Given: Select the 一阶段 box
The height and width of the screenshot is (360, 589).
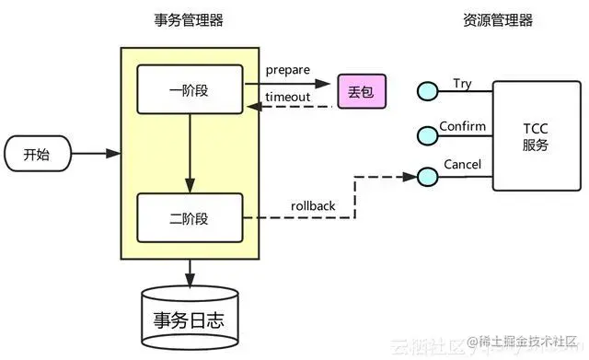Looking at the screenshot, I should (x=190, y=89).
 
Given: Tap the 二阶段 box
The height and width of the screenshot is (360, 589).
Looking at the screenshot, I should (x=190, y=217).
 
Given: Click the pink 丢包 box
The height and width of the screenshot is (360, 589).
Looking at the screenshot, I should (x=360, y=91).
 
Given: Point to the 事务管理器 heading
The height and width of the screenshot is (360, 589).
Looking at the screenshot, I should (x=190, y=20).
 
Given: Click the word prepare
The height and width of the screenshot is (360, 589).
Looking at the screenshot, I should (x=289, y=71).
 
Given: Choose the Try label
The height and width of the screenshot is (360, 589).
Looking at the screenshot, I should (x=462, y=84).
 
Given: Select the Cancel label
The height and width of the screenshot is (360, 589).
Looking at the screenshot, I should (x=462, y=164).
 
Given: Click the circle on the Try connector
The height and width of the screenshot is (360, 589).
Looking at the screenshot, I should (x=426, y=90).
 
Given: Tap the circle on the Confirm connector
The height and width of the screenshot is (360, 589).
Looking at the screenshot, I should (x=426, y=134).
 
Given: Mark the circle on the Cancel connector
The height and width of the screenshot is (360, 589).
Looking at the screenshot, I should (x=426, y=175).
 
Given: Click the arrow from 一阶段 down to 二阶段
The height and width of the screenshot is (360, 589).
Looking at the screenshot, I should (x=190, y=152).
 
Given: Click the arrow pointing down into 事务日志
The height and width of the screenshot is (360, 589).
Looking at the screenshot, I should (x=190, y=273).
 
